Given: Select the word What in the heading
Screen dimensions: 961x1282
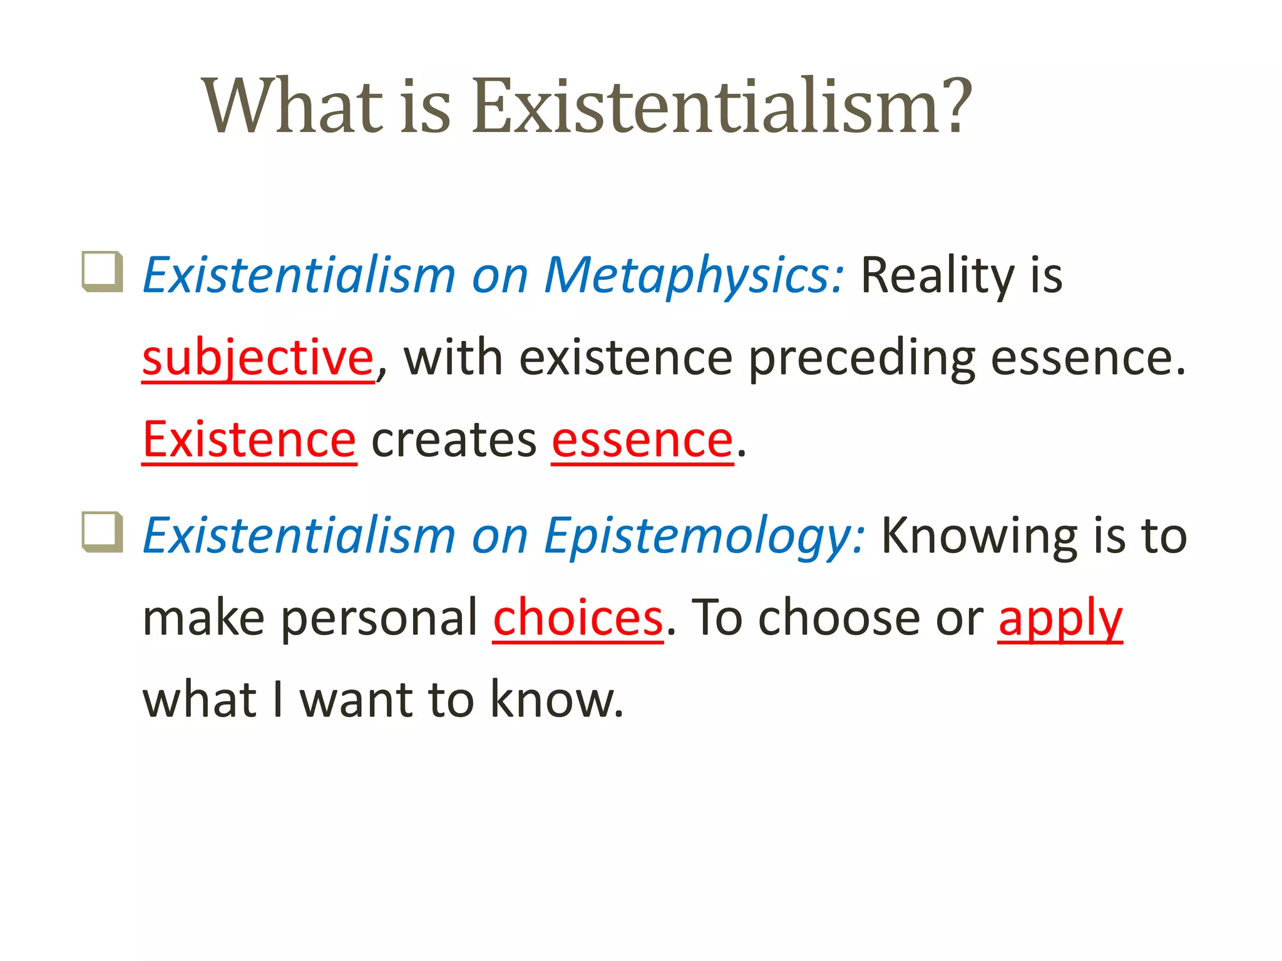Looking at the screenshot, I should (x=292, y=106).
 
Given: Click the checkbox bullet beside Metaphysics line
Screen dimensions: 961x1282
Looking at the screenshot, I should (x=103, y=272).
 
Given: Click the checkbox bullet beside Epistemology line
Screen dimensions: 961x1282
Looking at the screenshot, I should (x=103, y=532).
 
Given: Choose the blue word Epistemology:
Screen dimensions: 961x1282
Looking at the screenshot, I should (x=704, y=536).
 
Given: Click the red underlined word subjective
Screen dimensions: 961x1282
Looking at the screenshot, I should (x=258, y=358).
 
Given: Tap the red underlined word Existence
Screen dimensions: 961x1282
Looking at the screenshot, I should (x=249, y=440).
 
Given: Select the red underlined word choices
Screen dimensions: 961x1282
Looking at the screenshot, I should (x=578, y=618).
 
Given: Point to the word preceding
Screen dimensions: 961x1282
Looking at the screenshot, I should (x=861, y=358).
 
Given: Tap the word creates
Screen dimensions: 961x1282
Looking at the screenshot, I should (x=454, y=440).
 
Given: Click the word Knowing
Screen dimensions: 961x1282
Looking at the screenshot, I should (x=979, y=536).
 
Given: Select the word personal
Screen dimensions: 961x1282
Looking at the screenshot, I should (x=379, y=618).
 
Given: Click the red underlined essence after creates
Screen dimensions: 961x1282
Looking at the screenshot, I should (x=642, y=440).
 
